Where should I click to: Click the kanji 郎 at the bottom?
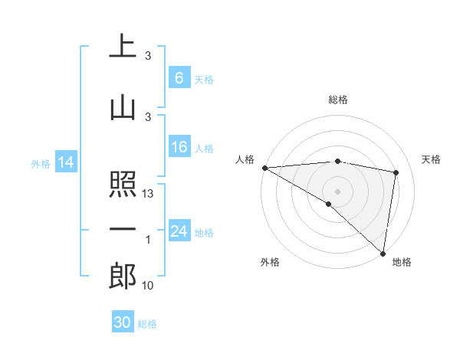pyautogui.click(x=123, y=277)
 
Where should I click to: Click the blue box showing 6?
pyautogui.click(x=179, y=78)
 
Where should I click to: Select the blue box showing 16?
pyautogui.click(x=179, y=147)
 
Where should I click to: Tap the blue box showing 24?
pyautogui.click(x=179, y=231)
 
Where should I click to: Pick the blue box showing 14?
pyautogui.click(x=65, y=162)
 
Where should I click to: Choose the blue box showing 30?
pyautogui.click(x=123, y=322)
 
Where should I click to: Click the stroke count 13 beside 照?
pyautogui.click(x=148, y=195)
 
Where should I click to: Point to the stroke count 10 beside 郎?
pyautogui.click(x=148, y=286)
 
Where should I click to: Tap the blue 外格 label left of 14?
pyautogui.click(x=40, y=163)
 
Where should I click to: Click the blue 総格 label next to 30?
pyautogui.click(x=148, y=324)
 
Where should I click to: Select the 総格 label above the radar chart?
pyautogui.click(x=337, y=100)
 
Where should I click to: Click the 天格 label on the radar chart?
pyautogui.click(x=431, y=159)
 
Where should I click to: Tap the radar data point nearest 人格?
pyautogui.click(x=264, y=168)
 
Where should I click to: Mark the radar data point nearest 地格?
pyautogui.click(x=383, y=254)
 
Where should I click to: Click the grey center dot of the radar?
pyautogui.click(x=337, y=190)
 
